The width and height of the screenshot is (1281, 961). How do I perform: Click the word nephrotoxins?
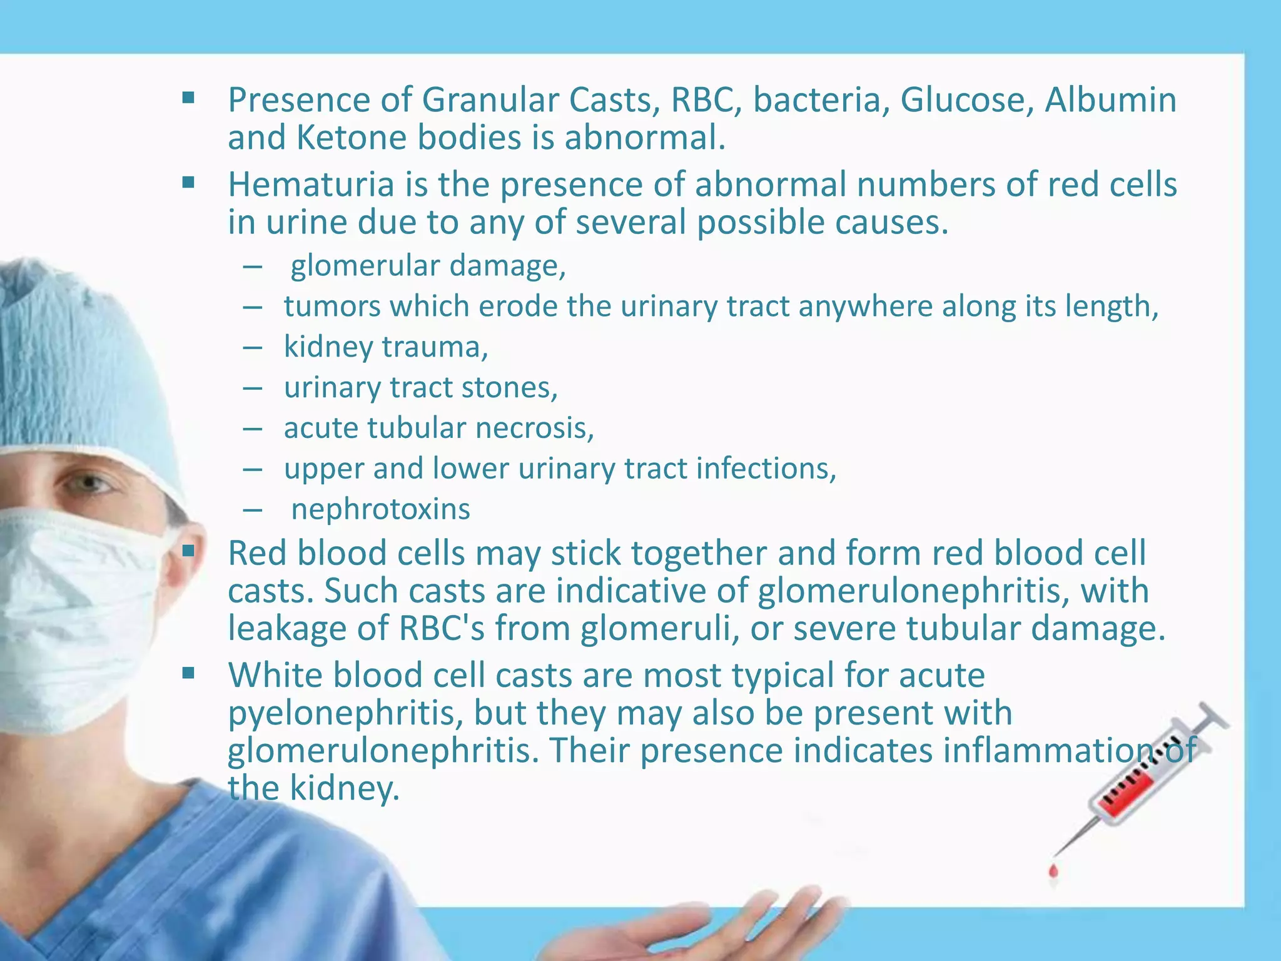380,509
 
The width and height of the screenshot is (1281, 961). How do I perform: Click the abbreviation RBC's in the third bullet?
442,628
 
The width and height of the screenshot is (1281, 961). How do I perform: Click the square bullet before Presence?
188,98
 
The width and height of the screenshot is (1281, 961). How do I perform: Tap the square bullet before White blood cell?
188,673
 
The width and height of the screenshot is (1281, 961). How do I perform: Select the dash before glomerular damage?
252,267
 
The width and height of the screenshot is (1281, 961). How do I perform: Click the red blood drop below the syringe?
1053,870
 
